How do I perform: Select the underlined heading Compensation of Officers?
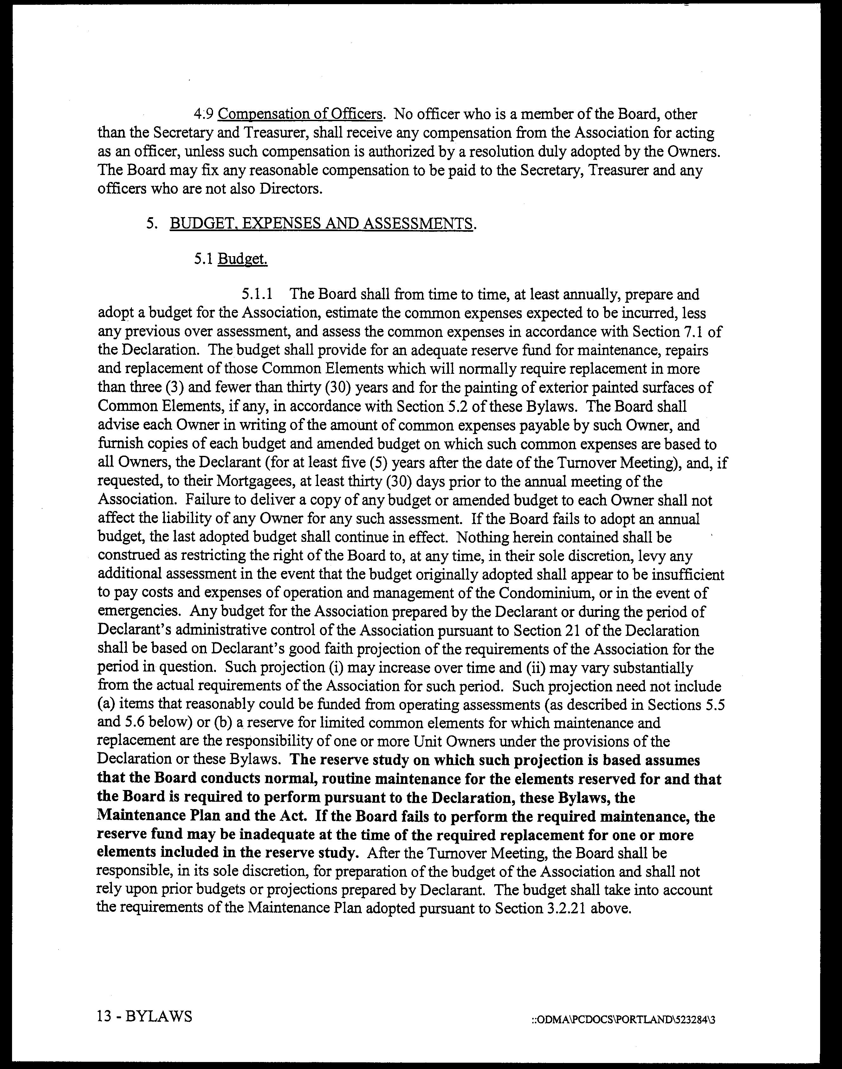click(x=300, y=114)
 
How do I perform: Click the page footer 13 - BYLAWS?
click(x=145, y=1016)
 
